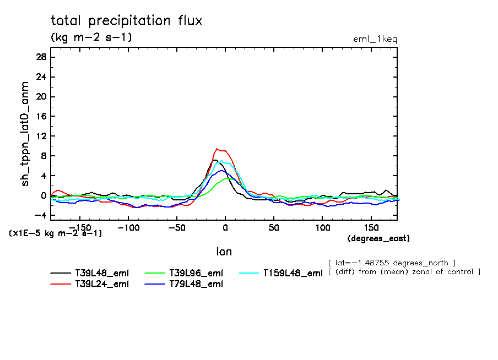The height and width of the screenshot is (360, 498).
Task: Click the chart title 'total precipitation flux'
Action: [127, 21]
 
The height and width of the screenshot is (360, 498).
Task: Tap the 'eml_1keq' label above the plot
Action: [375, 39]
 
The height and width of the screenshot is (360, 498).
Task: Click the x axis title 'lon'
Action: [224, 252]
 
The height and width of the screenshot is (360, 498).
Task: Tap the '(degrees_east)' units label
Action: [378, 238]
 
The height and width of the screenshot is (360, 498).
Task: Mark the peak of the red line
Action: [218, 149]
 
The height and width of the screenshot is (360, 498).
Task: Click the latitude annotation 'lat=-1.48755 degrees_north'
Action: [391, 262]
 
